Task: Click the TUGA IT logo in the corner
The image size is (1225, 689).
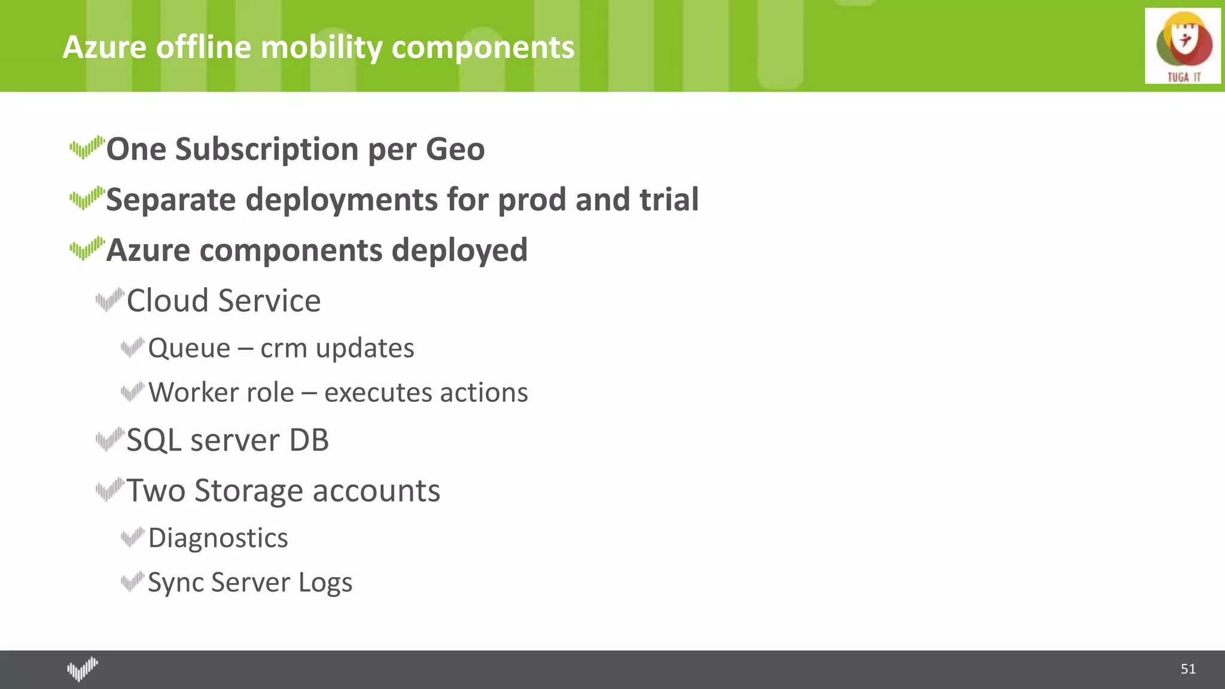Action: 1182,46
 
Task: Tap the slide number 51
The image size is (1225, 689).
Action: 1188,669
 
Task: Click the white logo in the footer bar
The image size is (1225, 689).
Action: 82,669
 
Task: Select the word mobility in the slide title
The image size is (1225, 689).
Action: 322,48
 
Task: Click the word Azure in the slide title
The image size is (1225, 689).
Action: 105,48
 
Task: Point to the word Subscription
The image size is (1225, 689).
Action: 266,150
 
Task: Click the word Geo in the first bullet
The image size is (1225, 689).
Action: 455,150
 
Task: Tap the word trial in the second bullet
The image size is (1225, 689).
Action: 669,200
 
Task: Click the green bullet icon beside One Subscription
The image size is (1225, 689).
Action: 87,147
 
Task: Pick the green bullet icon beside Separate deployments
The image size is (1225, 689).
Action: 87,198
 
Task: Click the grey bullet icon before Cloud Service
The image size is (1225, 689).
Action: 109,299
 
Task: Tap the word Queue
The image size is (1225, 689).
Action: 189,349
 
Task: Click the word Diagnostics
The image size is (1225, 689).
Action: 218,538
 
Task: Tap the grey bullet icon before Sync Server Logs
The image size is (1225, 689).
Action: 132,581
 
